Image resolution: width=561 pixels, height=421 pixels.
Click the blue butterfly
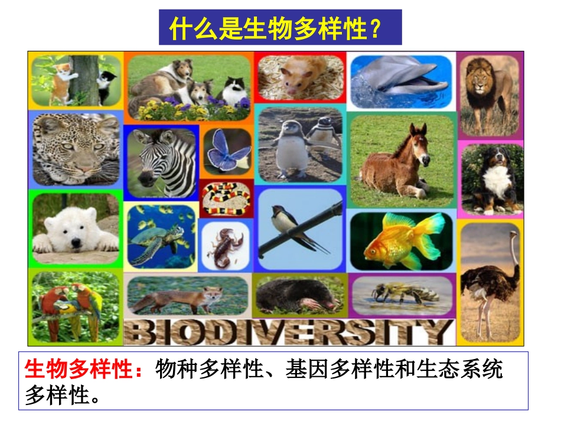point(227,151)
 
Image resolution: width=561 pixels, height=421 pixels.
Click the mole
point(295,295)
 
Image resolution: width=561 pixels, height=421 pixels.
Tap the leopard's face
point(71,145)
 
